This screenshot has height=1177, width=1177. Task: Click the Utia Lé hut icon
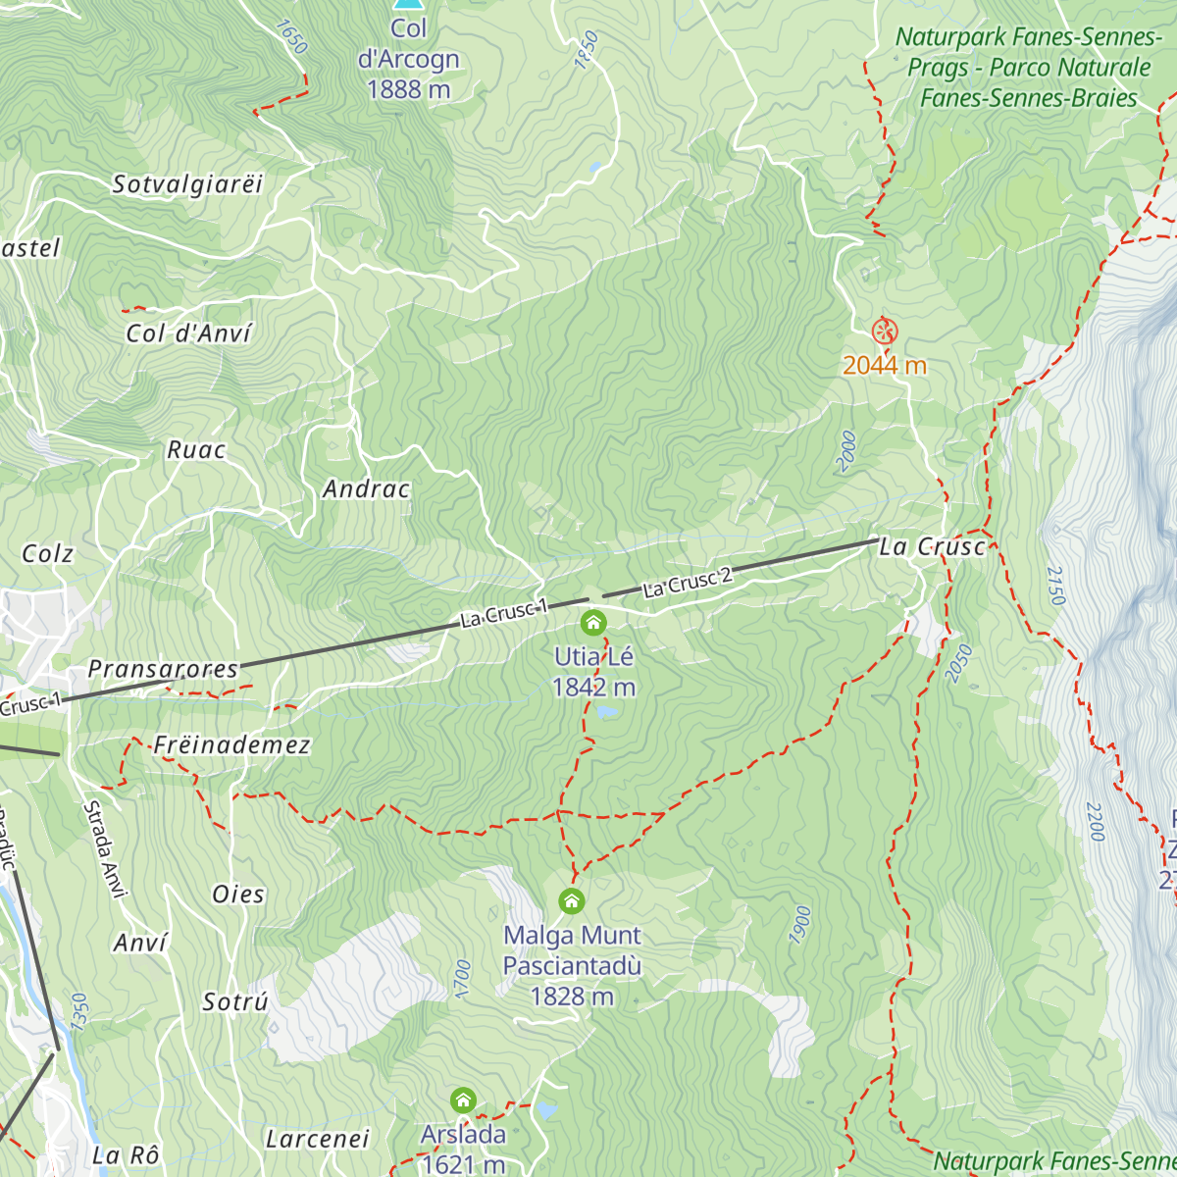pyautogui.click(x=592, y=623)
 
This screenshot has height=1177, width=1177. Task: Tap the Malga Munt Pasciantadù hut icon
pyautogui.click(x=571, y=900)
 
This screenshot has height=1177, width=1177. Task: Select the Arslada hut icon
pyautogui.click(x=463, y=1100)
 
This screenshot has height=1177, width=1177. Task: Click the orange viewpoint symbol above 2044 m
pyautogui.click(x=884, y=331)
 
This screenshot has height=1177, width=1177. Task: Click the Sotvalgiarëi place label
pyautogui.click(x=188, y=184)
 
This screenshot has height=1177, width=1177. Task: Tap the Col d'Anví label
pyautogui.click(x=189, y=333)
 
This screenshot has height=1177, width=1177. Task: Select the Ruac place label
pyautogui.click(x=196, y=450)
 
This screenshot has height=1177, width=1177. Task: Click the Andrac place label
pyautogui.click(x=366, y=488)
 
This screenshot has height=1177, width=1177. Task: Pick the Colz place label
pyautogui.click(x=48, y=554)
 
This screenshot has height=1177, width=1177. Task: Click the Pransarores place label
pyautogui.click(x=163, y=669)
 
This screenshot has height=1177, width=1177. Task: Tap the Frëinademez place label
pyautogui.click(x=231, y=745)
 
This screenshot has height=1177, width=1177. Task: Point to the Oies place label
pyautogui.click(x=238, y=895)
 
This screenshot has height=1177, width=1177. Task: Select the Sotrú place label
pyautogui.click(x=235, y=1002)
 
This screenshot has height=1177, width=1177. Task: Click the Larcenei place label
pyautogui.click(x=317, y=1139)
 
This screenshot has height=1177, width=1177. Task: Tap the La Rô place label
pyautogui.click(x=126, y=1155)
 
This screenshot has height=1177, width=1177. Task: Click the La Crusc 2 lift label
pyautogui.click(x=688, y=583)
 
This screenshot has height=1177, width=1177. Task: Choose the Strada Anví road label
pyautogui.click(x=105, y=849)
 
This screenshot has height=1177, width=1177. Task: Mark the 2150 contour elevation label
pyautogui.click(x=1055, y=586)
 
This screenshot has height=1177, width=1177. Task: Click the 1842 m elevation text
pyautogui.click(x=593, y=688)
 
